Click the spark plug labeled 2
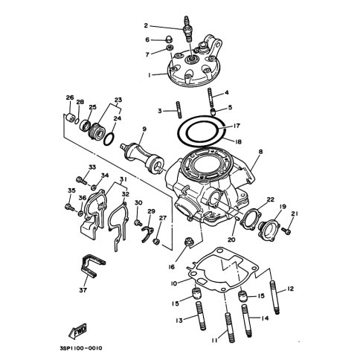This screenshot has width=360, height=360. [x=187, y=30]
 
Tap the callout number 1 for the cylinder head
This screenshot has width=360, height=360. [x=150, y=74]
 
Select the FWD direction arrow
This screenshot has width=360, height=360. [x=77, y=331]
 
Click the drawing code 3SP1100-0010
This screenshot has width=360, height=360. [x=81, y=348]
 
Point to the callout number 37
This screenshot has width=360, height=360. [x=83, y=289]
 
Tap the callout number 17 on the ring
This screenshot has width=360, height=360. [x=237, y=126]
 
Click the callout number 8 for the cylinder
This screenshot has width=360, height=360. [x=260, y=152]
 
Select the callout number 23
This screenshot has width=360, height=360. [x=118, y=100]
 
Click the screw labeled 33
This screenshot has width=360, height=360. [x=82, y=180]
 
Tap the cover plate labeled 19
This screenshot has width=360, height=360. [x=269, y=229]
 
